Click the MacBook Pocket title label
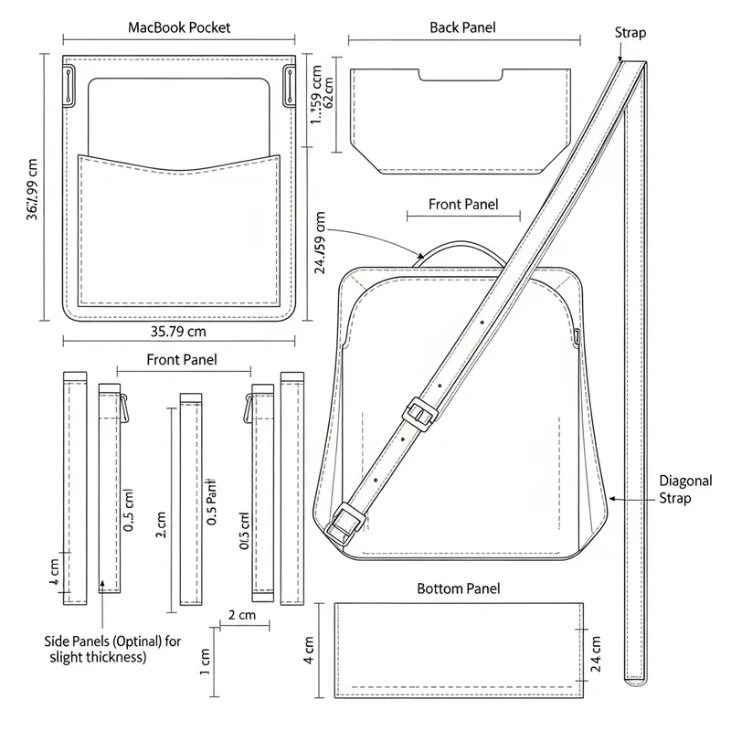179,27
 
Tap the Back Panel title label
462,27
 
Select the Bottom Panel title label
459,589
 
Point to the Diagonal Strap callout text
675,490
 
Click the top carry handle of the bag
463,249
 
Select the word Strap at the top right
630,34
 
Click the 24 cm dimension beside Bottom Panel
596,653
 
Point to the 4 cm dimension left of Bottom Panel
310,651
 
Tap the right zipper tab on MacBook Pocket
290,86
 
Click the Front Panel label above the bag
463,205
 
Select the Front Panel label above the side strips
182,360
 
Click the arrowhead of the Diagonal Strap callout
611,498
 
